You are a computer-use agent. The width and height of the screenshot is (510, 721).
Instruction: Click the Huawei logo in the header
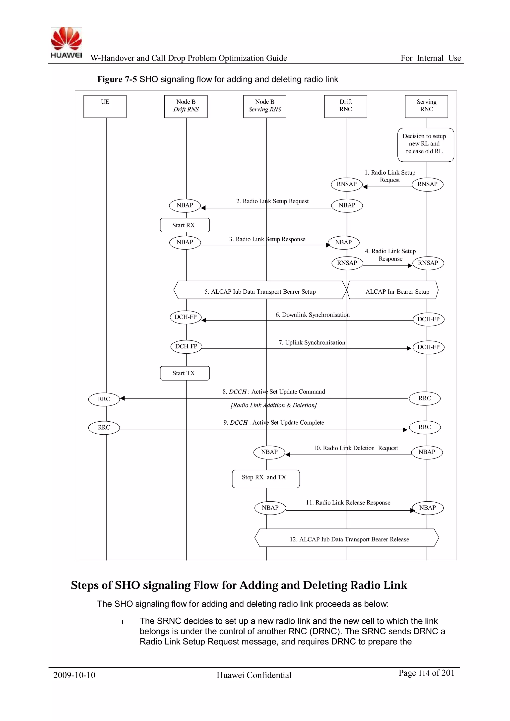click(66, 43)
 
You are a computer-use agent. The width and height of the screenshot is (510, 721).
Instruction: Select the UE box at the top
click(105, 106)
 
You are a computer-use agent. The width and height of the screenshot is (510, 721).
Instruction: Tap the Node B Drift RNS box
click(186, 106)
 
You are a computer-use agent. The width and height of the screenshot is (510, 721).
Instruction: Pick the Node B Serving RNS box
click(265, 106)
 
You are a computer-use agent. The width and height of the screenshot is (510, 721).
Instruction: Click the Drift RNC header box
click(345, 106)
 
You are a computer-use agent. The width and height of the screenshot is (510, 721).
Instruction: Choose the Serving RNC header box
click(427, 106)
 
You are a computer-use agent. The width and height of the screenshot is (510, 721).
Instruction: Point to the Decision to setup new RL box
click(426, 145)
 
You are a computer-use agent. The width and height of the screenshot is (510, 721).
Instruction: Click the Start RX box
click(185, 225)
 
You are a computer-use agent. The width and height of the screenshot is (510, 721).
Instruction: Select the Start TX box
click(185, 373)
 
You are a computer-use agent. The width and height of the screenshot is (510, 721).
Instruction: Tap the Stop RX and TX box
click(266, 479)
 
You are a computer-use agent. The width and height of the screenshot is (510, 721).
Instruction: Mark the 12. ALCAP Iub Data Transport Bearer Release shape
click(347, 539)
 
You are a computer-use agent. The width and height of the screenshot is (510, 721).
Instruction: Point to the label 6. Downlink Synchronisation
click(313, 315)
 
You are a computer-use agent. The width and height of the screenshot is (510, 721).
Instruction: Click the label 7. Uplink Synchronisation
click(312, 343)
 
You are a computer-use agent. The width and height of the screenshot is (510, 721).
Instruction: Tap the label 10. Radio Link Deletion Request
click(356, 448)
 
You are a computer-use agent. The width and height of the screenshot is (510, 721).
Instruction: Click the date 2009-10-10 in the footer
click(74, 675)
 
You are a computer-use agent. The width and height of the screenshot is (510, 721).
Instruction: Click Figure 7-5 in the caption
click(117, 79)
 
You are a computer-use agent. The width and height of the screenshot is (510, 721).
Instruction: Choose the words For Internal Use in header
click(431, 58)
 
